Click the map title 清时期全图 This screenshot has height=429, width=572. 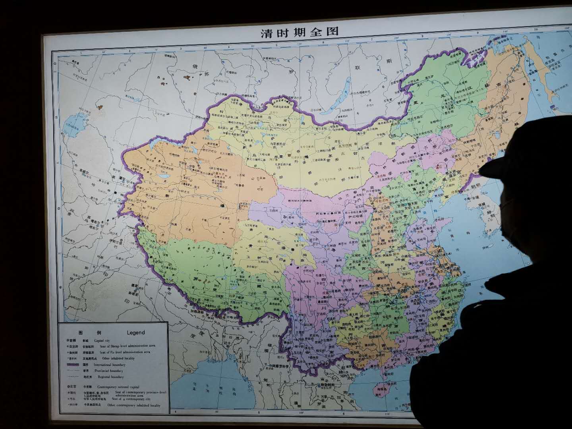tap(300, 33)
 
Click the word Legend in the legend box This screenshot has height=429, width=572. tap(136, 333)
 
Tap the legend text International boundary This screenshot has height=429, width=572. tap(110, 365)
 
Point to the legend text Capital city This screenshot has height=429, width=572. tap(102, 341)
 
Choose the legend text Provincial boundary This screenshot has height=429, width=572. tap(108, 371)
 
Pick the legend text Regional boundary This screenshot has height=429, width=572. tap(109, 377)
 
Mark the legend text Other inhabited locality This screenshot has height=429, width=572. tap(118, 358)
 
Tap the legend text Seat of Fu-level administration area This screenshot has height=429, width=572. tap(125, 352)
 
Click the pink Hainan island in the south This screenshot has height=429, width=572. tap(380, 392)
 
